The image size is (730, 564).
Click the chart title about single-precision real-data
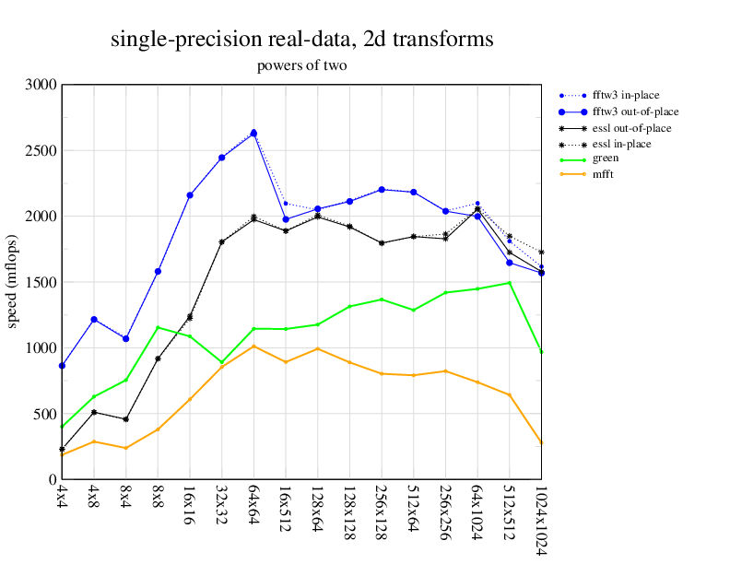tap(301, 40)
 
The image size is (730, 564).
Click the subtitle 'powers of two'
tap(301, 65)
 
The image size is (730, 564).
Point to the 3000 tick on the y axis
tap(41, 85)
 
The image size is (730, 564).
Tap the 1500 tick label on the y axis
tap(41, 282)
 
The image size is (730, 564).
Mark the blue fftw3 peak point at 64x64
tap(253, 133)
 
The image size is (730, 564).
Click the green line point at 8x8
tap(158, 327)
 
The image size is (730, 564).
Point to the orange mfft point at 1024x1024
tap(541, 442)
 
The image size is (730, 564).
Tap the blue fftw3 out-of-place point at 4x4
tap(62, 366)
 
